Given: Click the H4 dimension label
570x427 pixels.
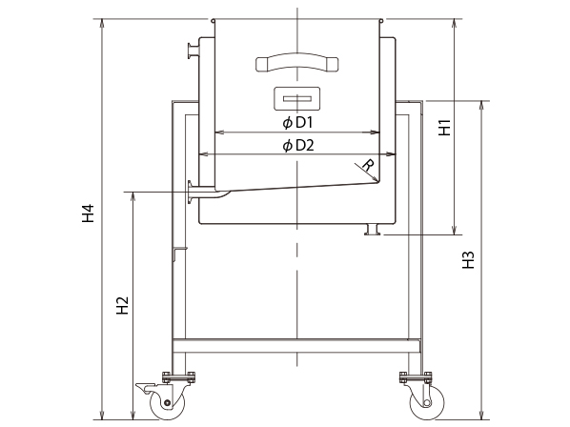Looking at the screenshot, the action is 88,213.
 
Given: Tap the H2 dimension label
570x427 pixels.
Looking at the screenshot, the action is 123,306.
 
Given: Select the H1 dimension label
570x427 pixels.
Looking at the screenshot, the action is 444,128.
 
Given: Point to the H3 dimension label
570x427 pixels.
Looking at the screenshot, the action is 469,260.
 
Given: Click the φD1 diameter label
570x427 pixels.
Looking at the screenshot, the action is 297,123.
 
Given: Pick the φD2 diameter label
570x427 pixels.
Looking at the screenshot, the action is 298,146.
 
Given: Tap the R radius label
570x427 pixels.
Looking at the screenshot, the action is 368,165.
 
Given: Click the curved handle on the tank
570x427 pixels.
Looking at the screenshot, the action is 297,63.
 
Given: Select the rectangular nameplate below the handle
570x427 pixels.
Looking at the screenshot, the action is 297,98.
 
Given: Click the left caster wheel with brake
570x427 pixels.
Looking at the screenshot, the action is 167,402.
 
